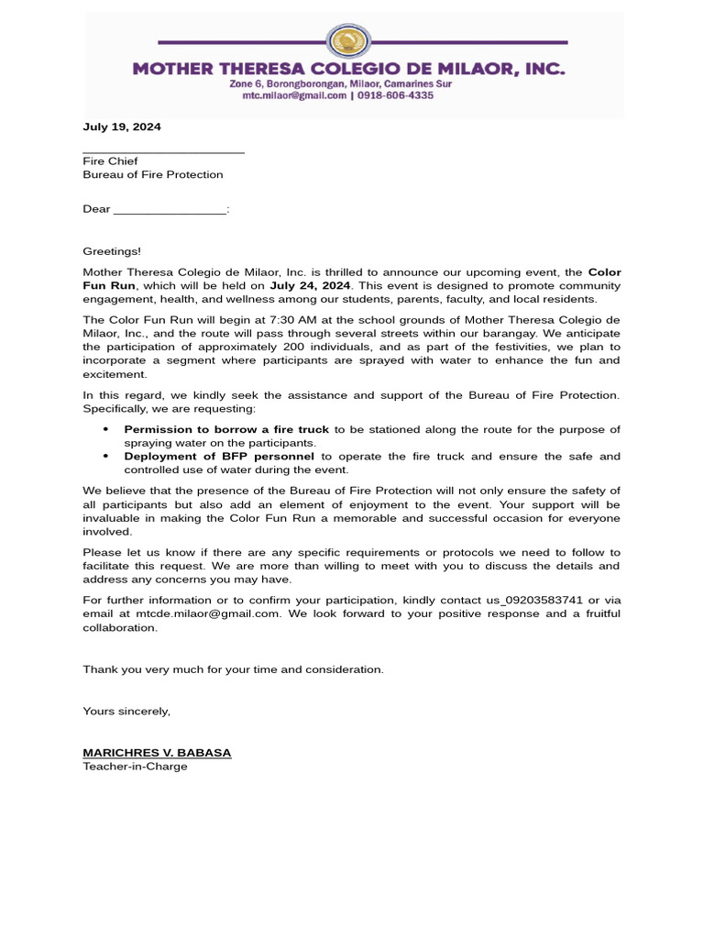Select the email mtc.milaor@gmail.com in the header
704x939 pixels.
click(287, 95)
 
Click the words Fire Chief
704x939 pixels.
click(110, 161)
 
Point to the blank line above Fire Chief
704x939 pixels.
click(163, 150)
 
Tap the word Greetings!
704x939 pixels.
click(113, 250)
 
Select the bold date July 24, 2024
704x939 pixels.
click(310, 285)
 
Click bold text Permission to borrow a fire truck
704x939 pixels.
click(226, 430)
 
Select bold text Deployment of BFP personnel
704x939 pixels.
click(219, 456)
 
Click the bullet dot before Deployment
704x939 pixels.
click(105, 456)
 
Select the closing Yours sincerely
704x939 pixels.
click(126, 711)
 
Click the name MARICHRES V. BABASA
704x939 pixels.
click(157, 753)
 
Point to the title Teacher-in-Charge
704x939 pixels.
click(135, 766)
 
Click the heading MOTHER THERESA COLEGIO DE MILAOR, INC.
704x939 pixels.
click(348, 69)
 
